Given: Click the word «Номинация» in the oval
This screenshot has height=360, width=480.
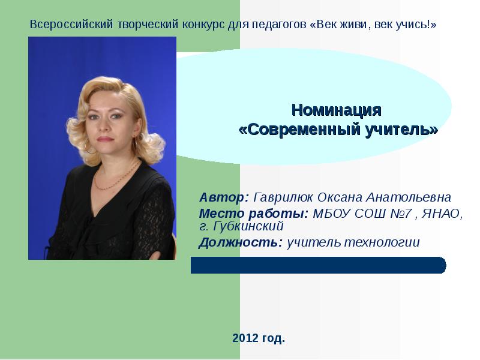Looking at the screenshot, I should pyautogui.click(x=336, y=111).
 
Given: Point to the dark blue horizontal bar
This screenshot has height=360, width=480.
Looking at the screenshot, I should pyautogui.click(x=318, y=265).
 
